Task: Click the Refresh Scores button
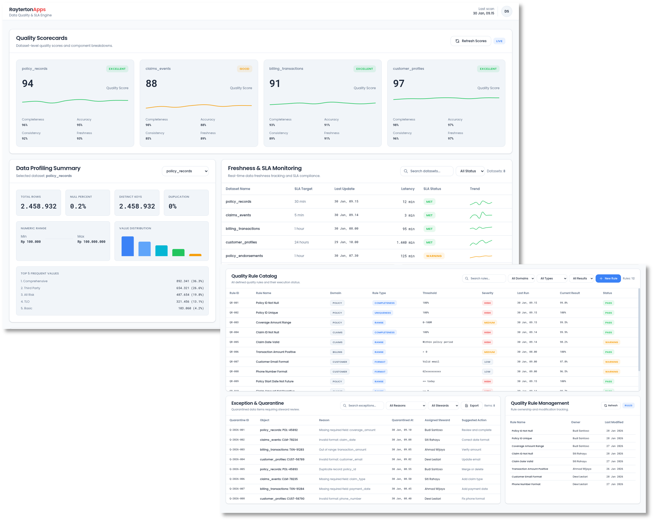[470, 41]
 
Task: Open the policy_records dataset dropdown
[185, 171]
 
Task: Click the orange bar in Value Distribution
[195, 255]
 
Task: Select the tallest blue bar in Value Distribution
[127, 246]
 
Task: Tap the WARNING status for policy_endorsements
[433, 256]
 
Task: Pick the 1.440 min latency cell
[405, 242]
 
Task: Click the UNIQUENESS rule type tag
[382, 312]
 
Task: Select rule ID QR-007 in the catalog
[234, 362]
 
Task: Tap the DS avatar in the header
[506, 11]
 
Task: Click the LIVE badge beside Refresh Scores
[499, 41]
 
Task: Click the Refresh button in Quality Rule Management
[610, 406]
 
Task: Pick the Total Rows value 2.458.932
[38, 206]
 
